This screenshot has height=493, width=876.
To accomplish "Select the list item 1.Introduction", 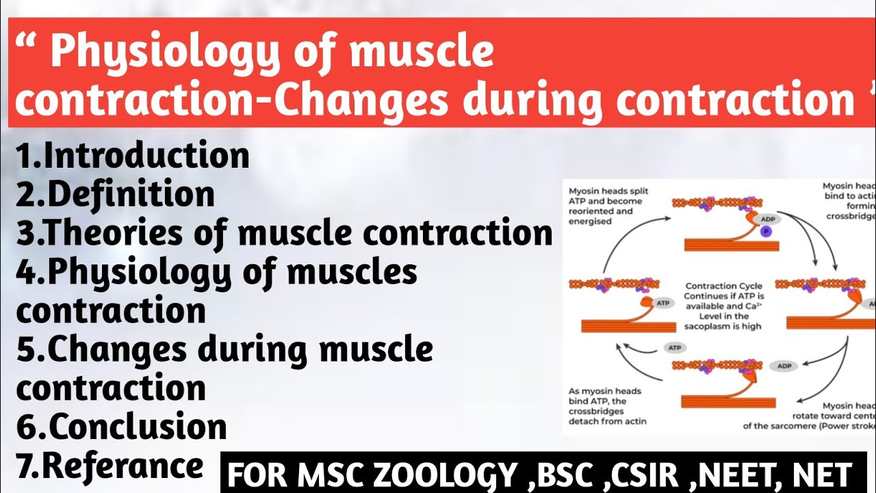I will (x=133, y=156).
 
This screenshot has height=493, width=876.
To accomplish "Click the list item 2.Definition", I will (x=115, y=195).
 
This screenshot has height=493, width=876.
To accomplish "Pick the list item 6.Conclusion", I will (x=122, y=427).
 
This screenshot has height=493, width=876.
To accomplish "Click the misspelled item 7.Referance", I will (x=110, y=466).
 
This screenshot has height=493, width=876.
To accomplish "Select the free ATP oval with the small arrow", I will (x=674, y=348).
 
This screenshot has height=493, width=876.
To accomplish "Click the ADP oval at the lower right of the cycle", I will (x=784, y=366).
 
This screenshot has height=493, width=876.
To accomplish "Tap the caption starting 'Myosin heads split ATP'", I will (x=608, y=206).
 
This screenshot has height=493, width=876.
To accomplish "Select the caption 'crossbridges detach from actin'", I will (x=607, y=416).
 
